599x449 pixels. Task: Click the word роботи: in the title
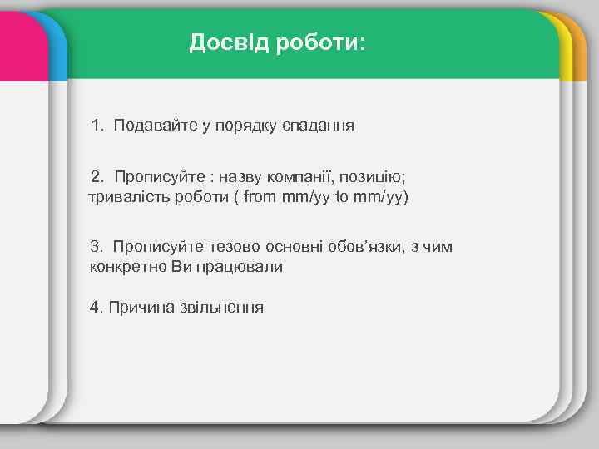(x=315, y=42)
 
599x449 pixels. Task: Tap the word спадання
(x=319, y=126)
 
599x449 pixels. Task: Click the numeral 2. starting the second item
(x=99, y=176)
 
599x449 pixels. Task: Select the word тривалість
(x=128, y=197)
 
